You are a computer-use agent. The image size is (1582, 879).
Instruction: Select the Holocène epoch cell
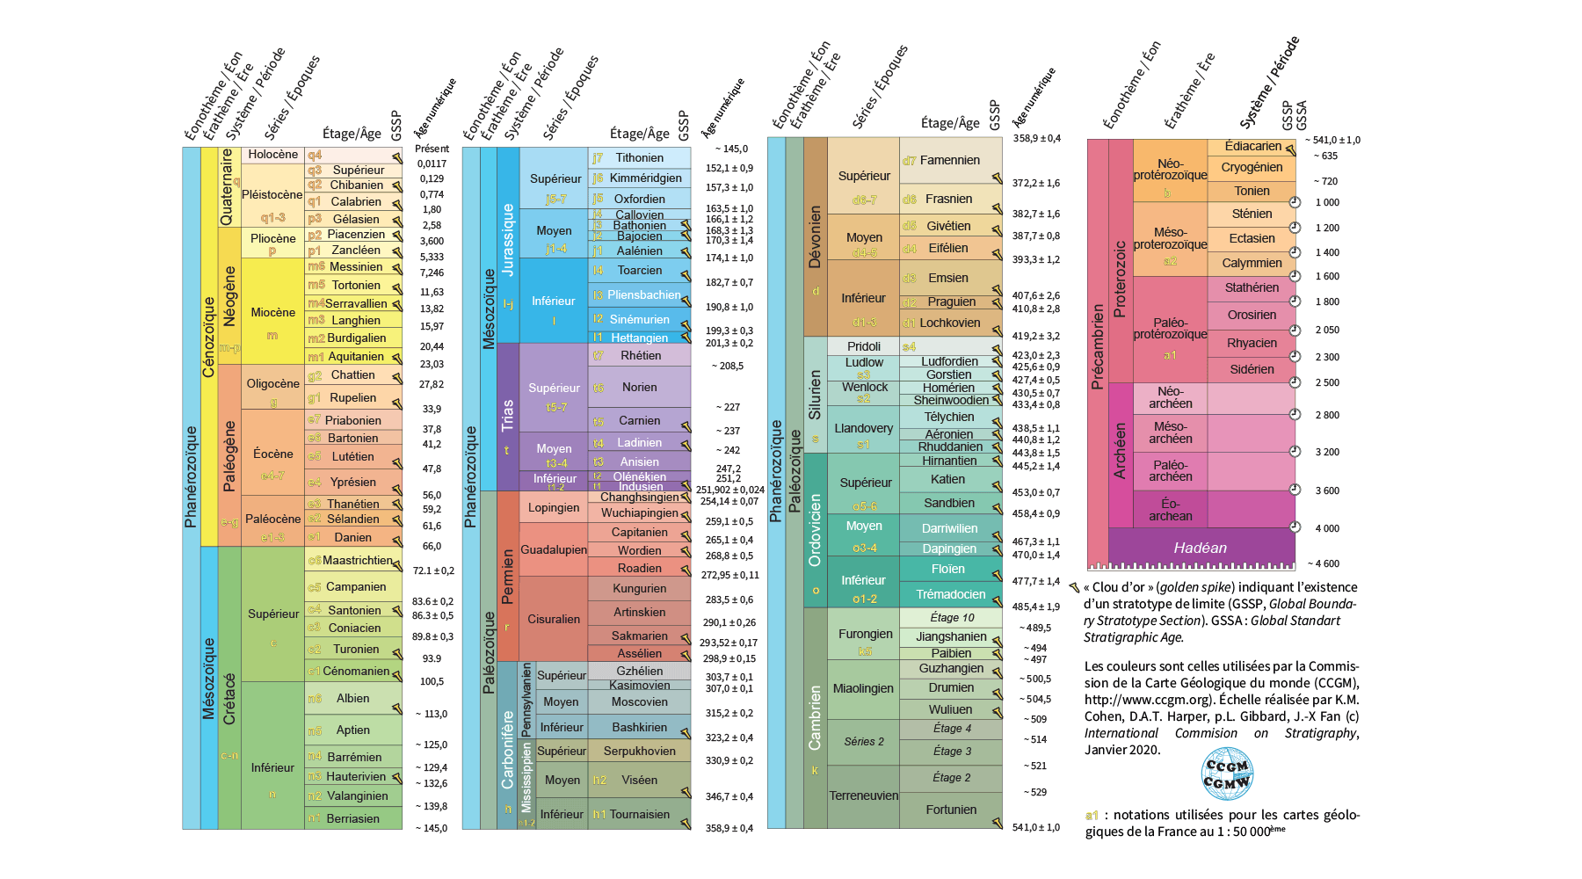click(x=272, y=154)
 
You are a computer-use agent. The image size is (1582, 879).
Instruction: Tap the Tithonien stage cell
click(x=639, y=158)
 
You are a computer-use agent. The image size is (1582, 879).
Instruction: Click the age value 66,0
click(x=432, y=546)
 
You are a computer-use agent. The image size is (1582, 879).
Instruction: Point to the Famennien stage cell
click(x=949, y=160)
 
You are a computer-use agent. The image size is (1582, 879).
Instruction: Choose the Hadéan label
click(x=1200, y=548)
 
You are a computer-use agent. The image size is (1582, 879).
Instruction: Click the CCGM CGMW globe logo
click(x=1227, y=773)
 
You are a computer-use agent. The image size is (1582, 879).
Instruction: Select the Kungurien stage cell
click(x=639, y=588)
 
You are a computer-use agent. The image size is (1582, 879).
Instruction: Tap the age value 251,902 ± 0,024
click(x=729, y=490)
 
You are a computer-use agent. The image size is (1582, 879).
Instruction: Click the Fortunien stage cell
click(x=950, y=810)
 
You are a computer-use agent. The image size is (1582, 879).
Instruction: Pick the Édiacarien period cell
click(x=1252, y=147)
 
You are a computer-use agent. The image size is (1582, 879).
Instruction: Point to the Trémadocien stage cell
click(x=950, y=594)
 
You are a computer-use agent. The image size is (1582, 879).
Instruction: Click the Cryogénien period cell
click(x=1252, y=167)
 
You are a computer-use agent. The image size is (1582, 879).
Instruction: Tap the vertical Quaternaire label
click(x=226, y=186)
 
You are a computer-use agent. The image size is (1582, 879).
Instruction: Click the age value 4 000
click(x=1327, y=528)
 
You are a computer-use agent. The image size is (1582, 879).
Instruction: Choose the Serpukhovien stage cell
click(x=639, y=751)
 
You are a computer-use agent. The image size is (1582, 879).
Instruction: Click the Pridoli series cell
click(x=864, y=346)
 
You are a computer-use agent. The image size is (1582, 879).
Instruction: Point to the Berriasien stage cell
click(x=352, y=818)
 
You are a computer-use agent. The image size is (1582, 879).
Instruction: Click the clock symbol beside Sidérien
click(x=1295, y=382)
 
